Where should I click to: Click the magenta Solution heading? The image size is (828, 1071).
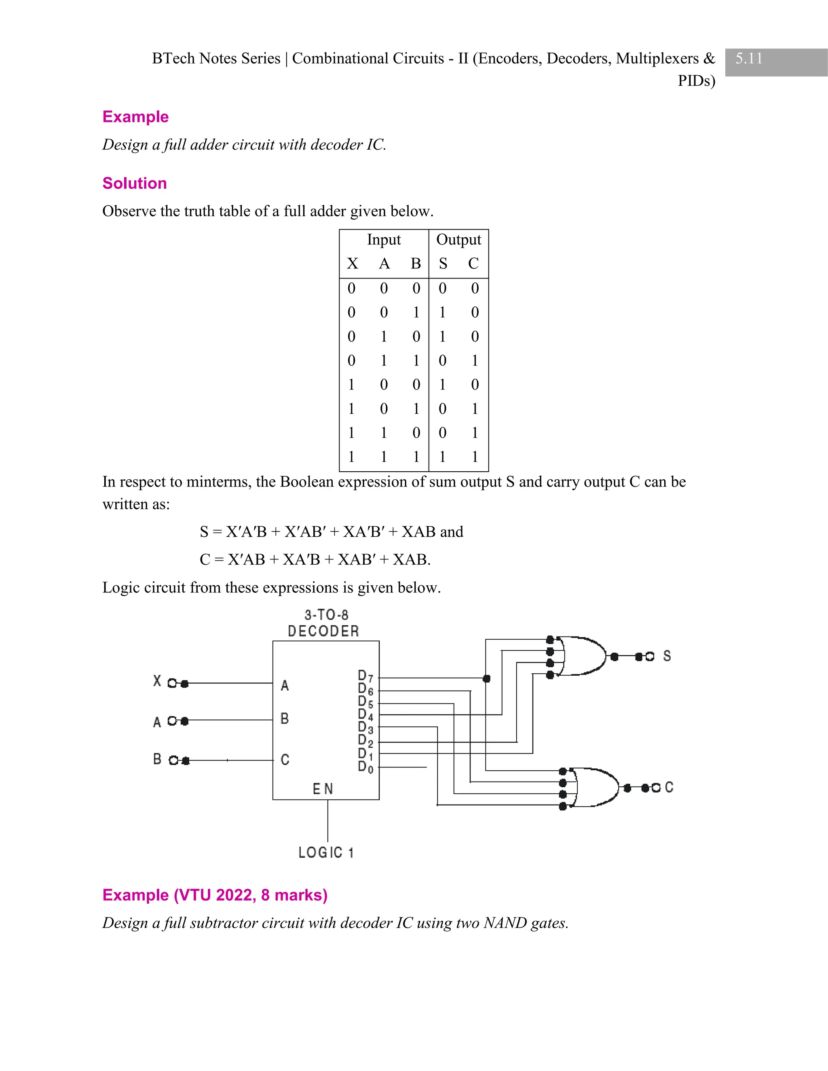coord(134,183)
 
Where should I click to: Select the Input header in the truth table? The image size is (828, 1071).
coord(384,240)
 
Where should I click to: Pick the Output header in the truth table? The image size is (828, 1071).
coord(458,240)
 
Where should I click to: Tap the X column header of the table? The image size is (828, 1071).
coord(352,264)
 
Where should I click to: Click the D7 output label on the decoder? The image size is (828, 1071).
coord(365,677)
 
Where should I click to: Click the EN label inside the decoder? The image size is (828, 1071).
coord(323,788)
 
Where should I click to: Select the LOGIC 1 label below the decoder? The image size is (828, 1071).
coord(326,853)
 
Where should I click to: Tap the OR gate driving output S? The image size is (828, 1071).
coord(584,656)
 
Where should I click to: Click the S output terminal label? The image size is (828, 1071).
coord(667,656)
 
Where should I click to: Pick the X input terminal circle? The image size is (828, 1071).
coord(172,683)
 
